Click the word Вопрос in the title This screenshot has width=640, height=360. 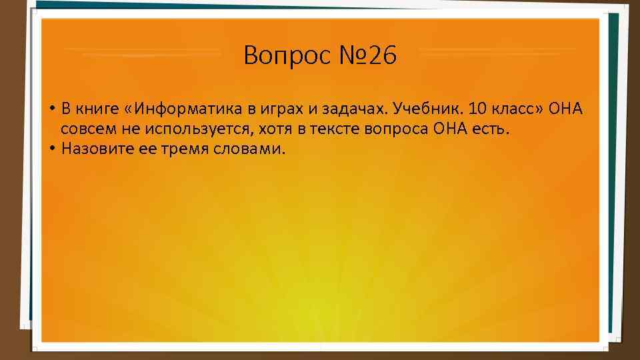[281, 56]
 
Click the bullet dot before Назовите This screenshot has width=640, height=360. [51, 148]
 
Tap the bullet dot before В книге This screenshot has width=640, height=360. [51, 109]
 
